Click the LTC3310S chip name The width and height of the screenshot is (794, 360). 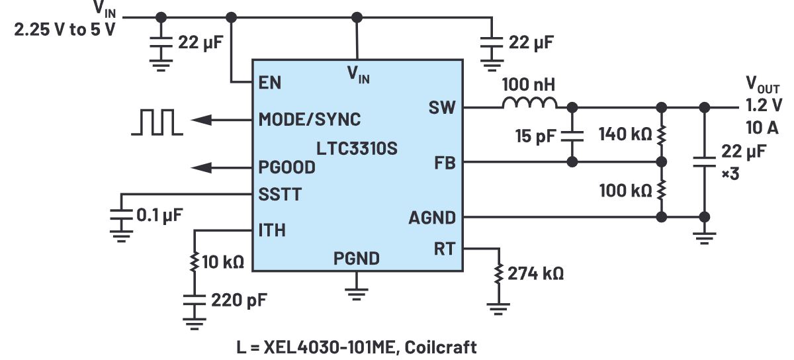tap(358, 148)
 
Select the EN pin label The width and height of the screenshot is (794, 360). tap(270, 83)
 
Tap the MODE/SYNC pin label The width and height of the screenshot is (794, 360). tap(310, 119)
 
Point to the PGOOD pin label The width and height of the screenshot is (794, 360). tap(287, 167)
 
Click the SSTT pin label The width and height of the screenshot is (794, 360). tap(280, 195)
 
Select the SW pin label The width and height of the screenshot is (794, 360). tap(442, 107)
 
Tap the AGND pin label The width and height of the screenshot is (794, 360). tap(432, 217)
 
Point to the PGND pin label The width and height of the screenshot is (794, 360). tap(357, 258)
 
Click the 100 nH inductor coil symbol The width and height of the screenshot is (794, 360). tap(529, 105)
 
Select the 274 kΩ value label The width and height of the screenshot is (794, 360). tap(535, 273)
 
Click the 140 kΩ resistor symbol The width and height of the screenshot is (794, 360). tap(660, 135)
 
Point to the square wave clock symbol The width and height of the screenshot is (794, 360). tap(156, 122)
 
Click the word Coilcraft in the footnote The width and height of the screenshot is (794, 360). tap(444, 347)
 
